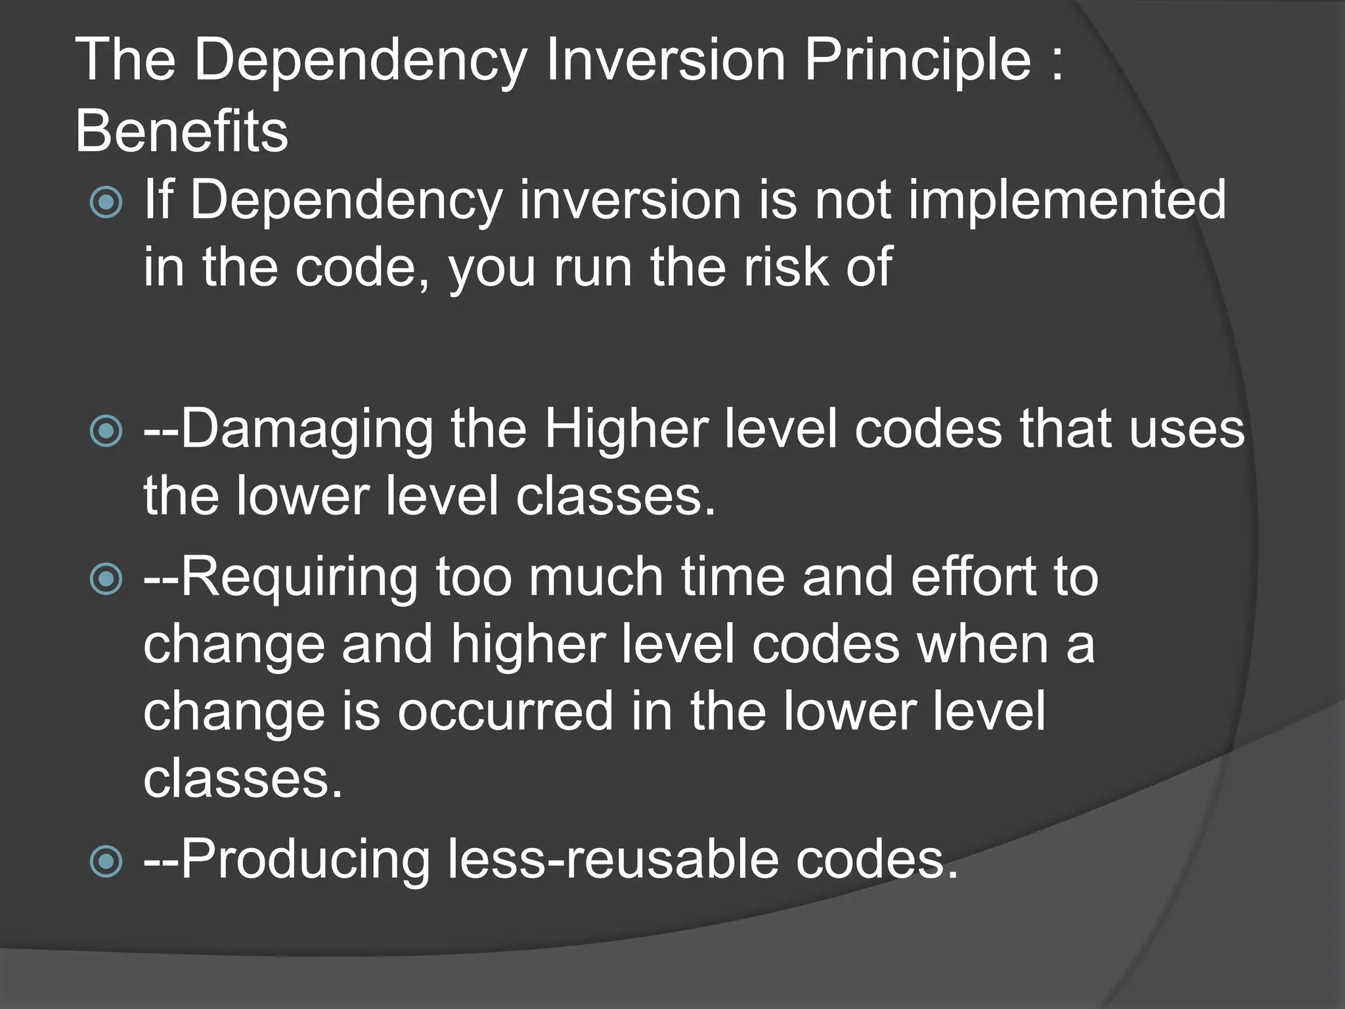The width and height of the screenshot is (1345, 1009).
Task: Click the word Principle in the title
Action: [x=917, y=60]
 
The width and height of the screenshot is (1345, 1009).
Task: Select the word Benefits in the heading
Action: [x=182, y=131]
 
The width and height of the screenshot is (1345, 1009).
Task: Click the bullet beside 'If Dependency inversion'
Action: [x=106, y=202]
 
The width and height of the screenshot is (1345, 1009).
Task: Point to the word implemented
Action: [x=1067, y=200]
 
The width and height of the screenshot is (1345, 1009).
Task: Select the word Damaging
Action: [x=306, y=429]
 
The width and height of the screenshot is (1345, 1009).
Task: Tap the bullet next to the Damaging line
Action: [x=106, y=432]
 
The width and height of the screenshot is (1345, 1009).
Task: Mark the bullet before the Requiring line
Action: [x=106, y=579]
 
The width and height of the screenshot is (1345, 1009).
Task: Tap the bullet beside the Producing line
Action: [x=106, y=861]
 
